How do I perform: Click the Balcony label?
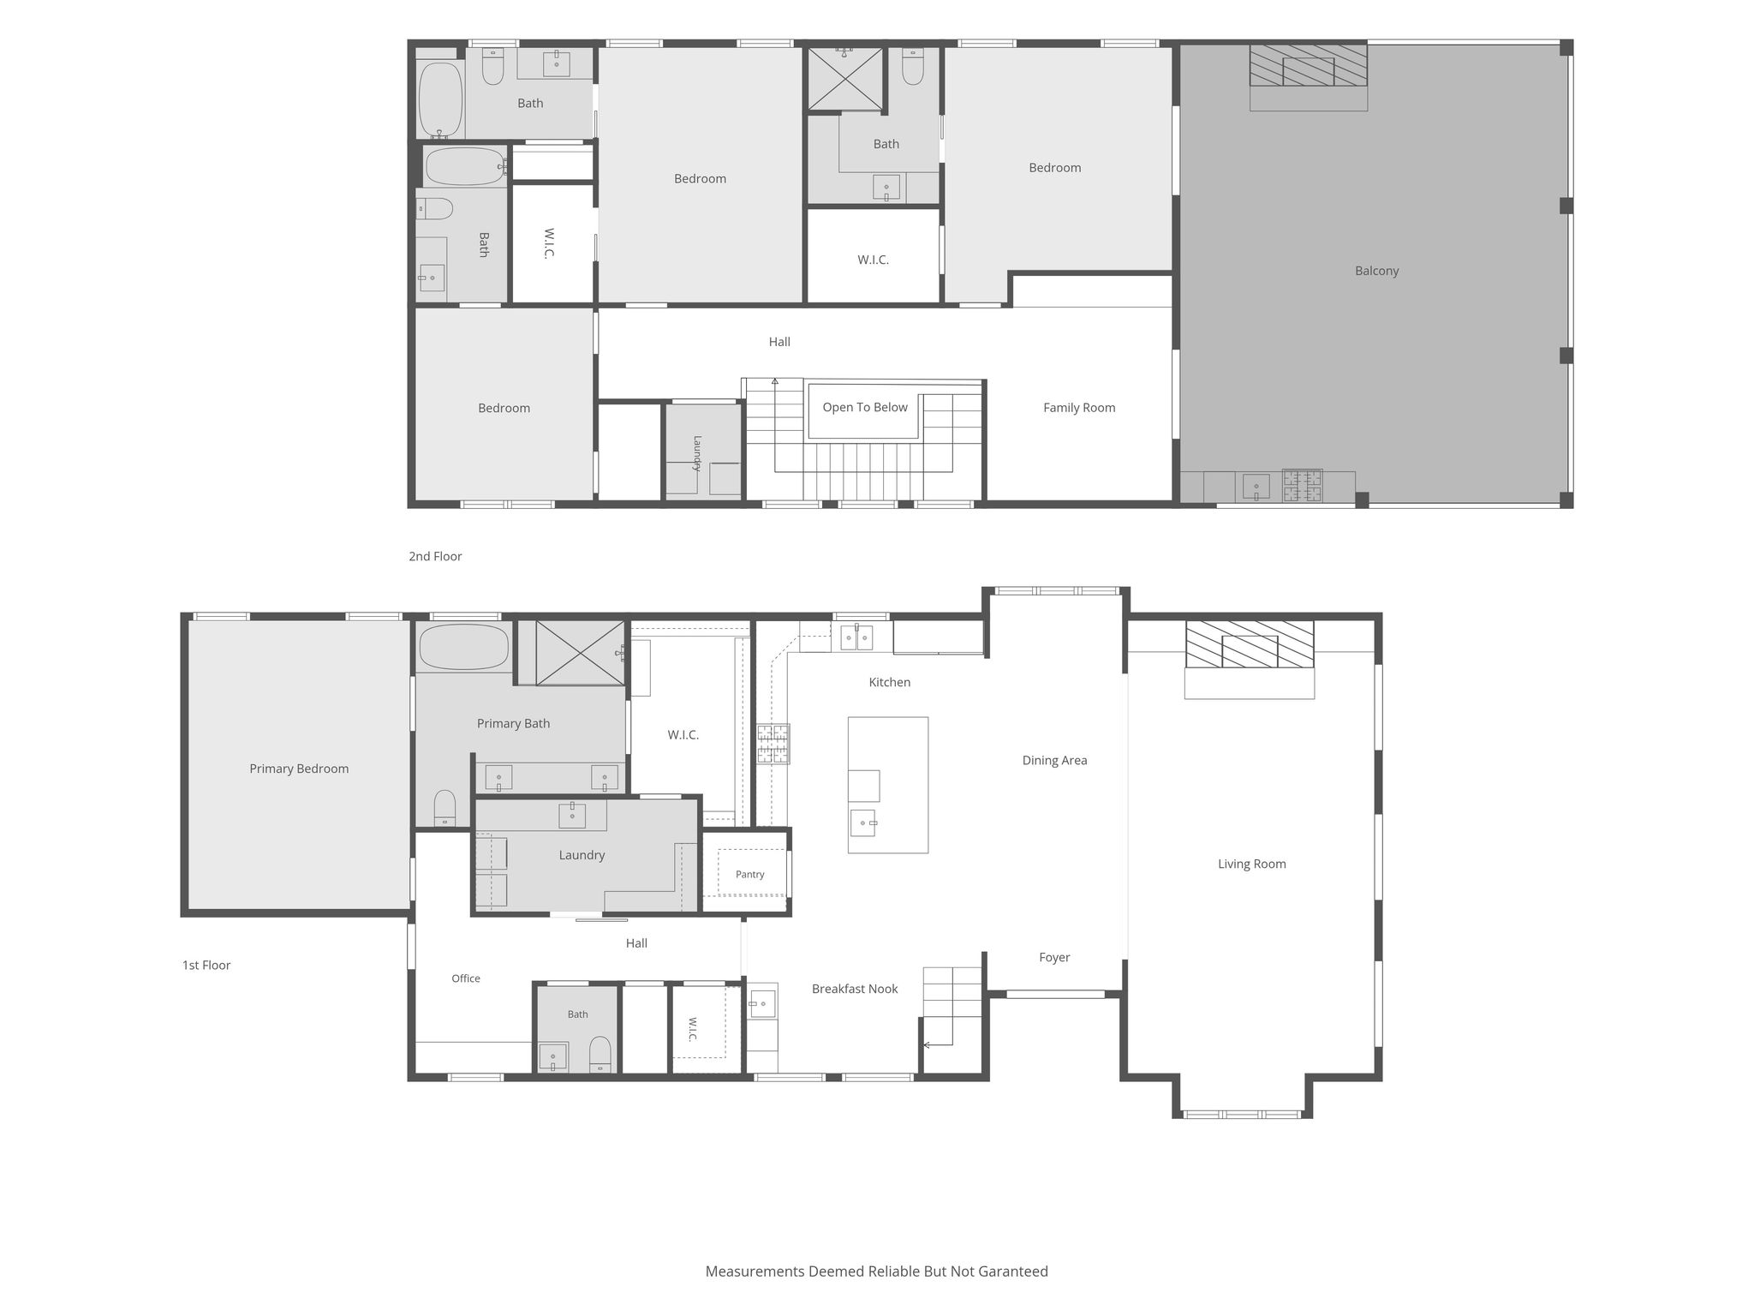click(x=1376, y=271)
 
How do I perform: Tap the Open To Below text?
click(x=865, y=407)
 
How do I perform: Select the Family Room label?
click(x=1079, y=408)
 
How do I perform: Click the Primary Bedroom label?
click(x=299, y=769)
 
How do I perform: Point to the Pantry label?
click(x=749, y=874)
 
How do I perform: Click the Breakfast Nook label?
click(x=855, y=989)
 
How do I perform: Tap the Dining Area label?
click(x=1054, y=760)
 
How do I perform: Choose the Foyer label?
click(x=1054, y=957)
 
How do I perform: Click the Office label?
click(x=466, y=978)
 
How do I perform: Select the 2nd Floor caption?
click(x=435, y=556)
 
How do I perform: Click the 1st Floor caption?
click(x=206, y=965)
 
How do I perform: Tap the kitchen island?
click(x=888, y=785)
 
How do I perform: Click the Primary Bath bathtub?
click(x=464, y=647)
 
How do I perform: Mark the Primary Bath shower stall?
click(x=581, y=653)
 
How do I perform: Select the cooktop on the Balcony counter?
click(x=1302, y=486)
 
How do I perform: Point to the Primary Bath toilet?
click(x=444, y=807)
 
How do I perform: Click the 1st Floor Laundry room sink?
click(x=572, y=815)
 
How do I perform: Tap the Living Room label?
click(x=1251, y=864)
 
